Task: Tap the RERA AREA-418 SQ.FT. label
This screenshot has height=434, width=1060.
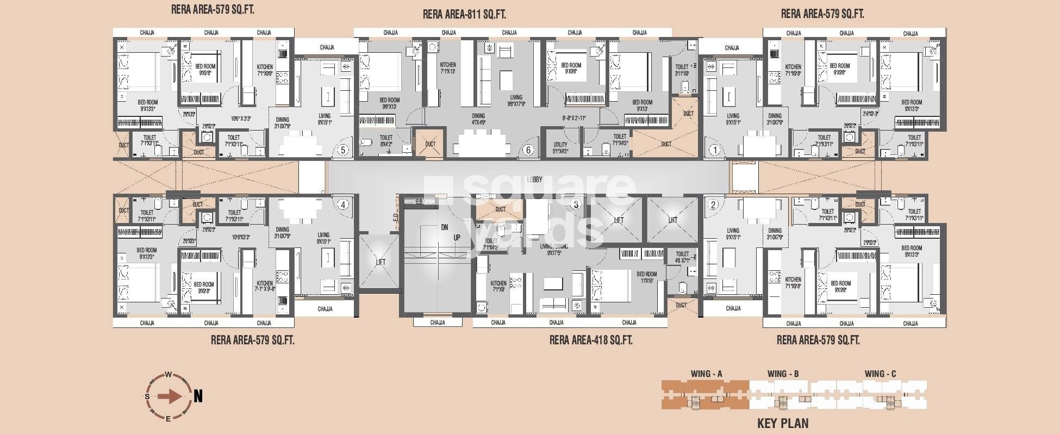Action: point(591,340)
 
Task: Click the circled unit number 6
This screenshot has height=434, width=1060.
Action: point(527,150)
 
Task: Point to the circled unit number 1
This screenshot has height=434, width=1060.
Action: point(715,150)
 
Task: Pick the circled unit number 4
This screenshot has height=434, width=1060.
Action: point(342,205)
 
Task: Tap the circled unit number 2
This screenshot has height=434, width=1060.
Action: point(714,205)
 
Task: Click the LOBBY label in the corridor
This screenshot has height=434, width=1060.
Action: point(534,179)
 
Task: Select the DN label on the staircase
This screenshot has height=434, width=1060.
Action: point(444,227)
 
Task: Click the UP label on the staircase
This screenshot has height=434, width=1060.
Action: point(457,238)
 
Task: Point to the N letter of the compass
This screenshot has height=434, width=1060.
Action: point(198,396)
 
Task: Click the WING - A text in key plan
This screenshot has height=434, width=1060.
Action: point(706,374)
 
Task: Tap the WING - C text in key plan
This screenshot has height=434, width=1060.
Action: point(880,374)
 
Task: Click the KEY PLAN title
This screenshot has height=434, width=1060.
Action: point(782,423)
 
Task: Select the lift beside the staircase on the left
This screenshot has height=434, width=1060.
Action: point(381,262)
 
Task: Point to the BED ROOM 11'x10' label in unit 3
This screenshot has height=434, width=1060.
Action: point(646,277)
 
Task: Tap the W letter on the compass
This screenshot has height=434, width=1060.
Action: point(169,375)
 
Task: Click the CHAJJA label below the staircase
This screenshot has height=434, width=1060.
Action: point(438,323)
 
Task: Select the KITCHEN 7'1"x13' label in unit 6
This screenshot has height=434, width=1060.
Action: point(448,67)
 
